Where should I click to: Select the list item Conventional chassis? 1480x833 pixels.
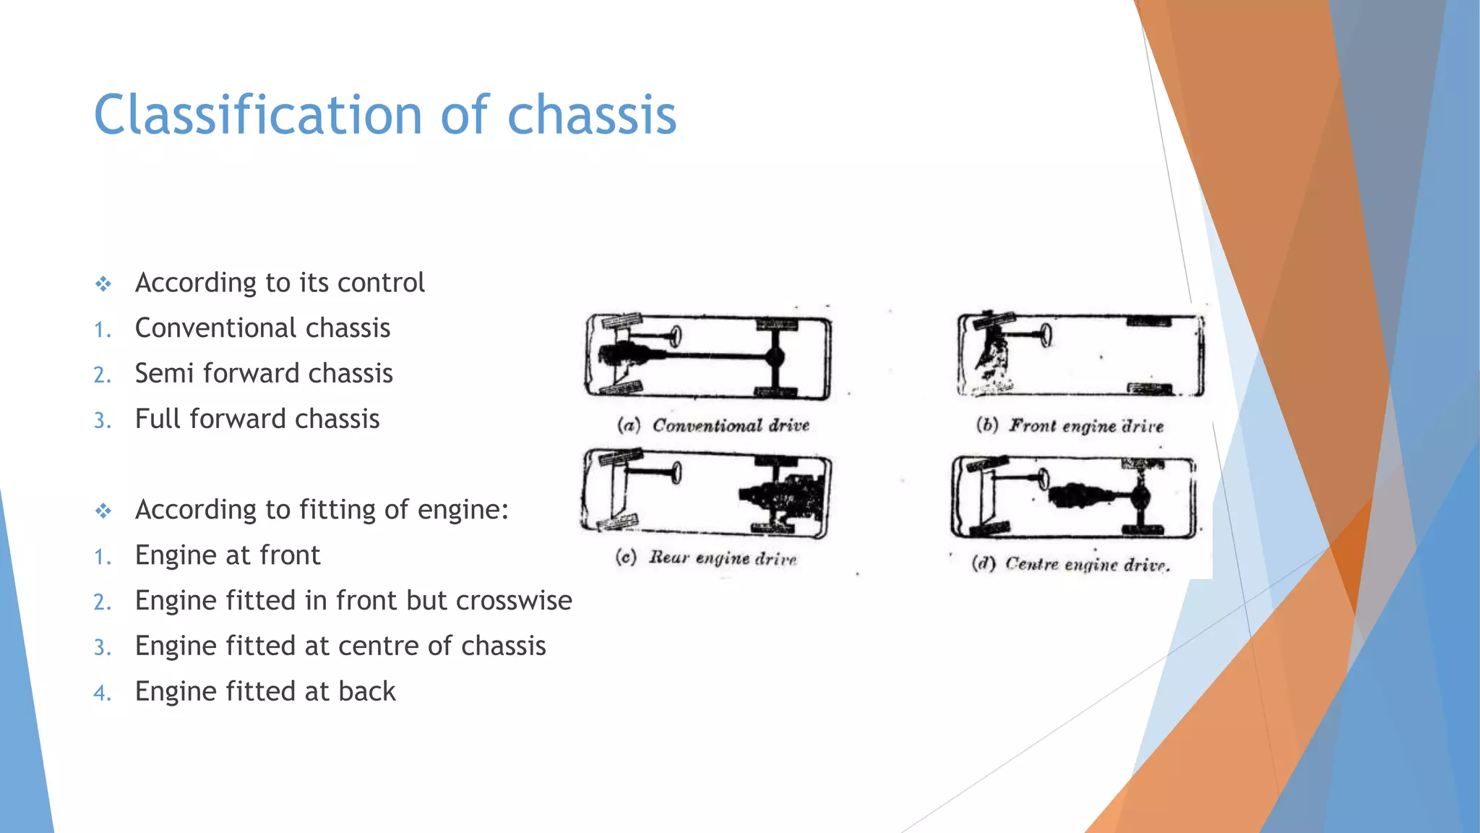pyautogui.click(x=262, y=328)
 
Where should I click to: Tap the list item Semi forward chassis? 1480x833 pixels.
pyautogui.click(x=264, y=374)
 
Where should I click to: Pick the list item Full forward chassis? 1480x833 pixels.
pyautogui.click(x=257, y=419)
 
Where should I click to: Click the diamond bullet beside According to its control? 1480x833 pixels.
pyautogui.click(x=103, y=284)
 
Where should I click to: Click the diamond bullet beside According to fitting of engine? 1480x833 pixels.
pyautogui.click(x=103, y=511)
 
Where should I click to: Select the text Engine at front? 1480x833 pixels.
pyautogui.click(x=228, y=555)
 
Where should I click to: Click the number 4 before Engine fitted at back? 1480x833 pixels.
pyautogui.click(x=102, y=693)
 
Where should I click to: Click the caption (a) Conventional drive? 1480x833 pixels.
pyautogui.click(x=713, y=425)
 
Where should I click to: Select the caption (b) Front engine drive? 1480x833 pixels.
pyautogui.click(x=1070, y=425)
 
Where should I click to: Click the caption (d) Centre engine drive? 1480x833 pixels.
pyautogui.click(x=1070, y=563)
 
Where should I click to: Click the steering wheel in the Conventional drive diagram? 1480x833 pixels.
pyautogui.click(x=676, y=336)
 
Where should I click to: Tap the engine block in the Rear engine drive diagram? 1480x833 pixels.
pyautogui.click(x=784, y=496)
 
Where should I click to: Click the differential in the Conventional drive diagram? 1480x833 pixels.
pyautogui.click(x=775, y=356)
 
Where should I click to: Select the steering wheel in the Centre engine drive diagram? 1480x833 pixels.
pyautogui.click(x=1043, y=477)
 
